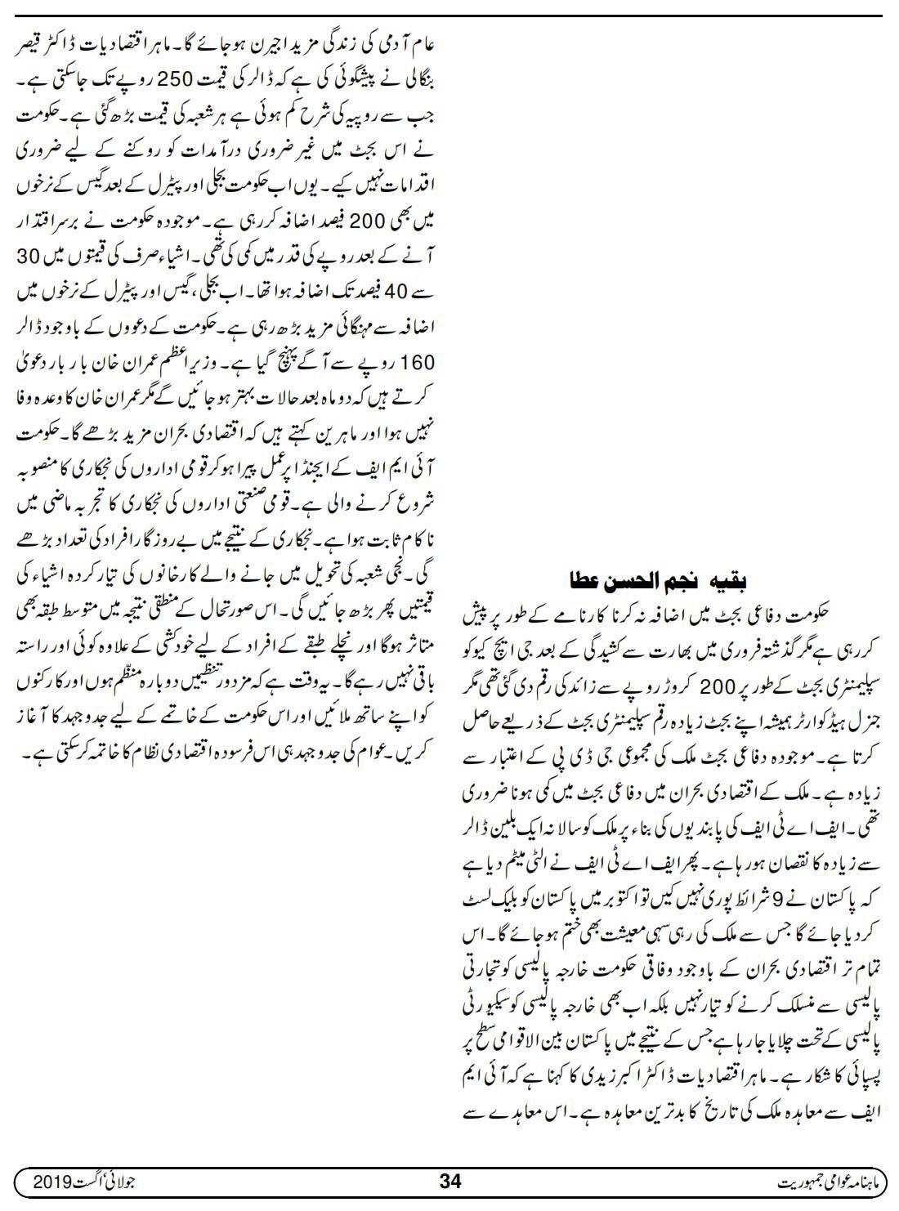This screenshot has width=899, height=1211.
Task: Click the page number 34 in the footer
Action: (x=450, y=1181)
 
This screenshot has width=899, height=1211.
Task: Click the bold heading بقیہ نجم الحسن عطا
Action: (x=658, y=581)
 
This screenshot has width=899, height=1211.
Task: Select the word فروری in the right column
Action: (x=716, y=633)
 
